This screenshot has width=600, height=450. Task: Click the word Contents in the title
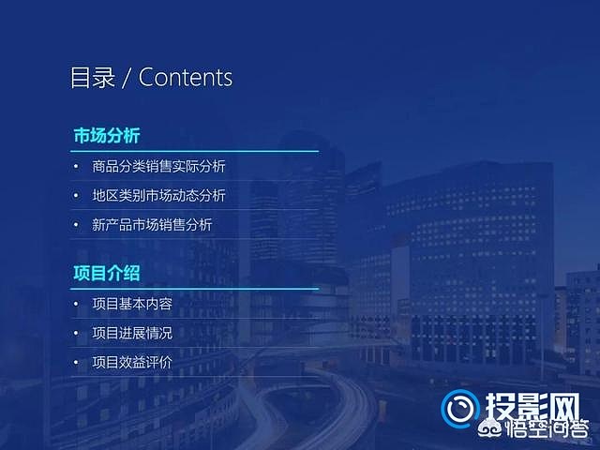[186, 78]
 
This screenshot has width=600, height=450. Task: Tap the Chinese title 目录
[93, 78]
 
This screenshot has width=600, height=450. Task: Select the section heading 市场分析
[107, 136]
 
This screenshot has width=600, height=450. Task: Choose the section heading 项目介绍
[107, 273]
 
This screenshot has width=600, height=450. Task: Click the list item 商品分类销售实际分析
[158, 166]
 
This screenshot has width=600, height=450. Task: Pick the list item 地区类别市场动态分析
[158, 195]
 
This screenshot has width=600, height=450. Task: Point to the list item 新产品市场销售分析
[152, 225]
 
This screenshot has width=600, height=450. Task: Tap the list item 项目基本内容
[132, 304]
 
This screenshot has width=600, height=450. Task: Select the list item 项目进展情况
[132, 333]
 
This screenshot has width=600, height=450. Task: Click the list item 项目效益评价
[132, 362]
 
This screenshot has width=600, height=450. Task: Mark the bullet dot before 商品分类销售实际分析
[76, 167]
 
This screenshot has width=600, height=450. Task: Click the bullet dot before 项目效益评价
[76, 363]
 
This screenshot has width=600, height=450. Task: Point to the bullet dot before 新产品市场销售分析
[76, 225]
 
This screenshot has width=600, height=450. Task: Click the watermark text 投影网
[532, 407]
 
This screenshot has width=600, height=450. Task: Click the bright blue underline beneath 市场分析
[194, 151]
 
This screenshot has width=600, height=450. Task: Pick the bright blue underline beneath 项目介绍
[194, 289]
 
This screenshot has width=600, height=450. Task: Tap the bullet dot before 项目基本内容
[76, 304]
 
